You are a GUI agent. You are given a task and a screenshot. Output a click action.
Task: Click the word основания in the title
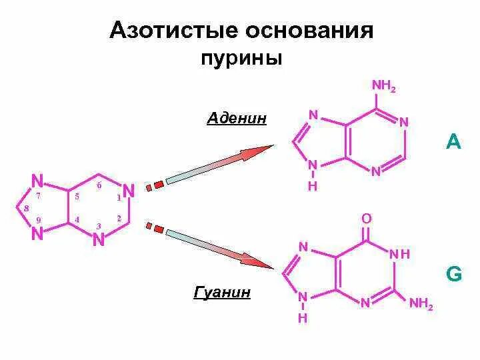pyautogui.click(x=309, y=31)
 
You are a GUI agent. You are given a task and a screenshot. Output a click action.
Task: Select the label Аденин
pyautogui.click(x=237, y=119)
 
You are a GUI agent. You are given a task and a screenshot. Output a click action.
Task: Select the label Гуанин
pyautogui.click(x=222, y=292)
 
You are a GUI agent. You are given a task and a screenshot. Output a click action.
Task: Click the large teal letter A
pyautogui.click(x=453, y=141)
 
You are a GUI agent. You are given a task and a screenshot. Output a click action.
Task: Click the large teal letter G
pyautogui.click(x=453, y=275)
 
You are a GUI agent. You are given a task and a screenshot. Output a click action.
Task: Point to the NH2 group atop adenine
pyautogui.click(x=384, y=86)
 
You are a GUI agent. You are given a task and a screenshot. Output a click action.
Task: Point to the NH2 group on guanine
pyautogui.click(x=421, y=305)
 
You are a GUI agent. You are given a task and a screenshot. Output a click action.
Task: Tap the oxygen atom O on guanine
pyautogui.click(x=366, y=219)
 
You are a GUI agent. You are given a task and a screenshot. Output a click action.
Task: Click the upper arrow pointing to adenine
pyautogui.click(x=220, y=163)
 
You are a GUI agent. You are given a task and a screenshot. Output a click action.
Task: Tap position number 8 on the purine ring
pyautogui.click(x=26, y=209)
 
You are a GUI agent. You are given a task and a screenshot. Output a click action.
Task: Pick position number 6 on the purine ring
pyautogui.click(x=99, y=185)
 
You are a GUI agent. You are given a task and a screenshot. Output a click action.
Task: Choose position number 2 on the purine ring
pyautogui.click(x=119, y=218)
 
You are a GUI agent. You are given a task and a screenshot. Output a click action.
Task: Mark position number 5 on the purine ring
pyautogui.click(x=77, y=197)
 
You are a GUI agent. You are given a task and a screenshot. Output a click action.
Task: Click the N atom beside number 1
pyautogui.click(x=129, y=191)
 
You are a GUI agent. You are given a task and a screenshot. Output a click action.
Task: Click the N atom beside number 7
pyautogui.click(x=37, y=180)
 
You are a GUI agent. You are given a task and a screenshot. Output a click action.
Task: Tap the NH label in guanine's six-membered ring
pyautogui.click(x=399, y=255)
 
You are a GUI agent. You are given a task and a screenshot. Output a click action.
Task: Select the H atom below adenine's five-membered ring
pyautogui.click(x=312, y=187)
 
